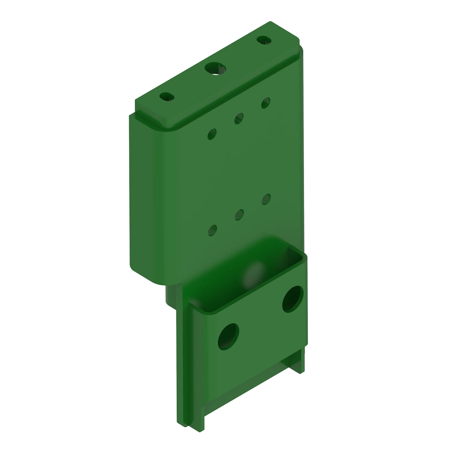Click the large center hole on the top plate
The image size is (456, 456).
(x=215, y=69)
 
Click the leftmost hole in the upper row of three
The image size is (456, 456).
(x=212, y=134)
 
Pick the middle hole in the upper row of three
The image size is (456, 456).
(x=239, y=118)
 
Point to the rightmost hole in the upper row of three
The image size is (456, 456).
(x=266, y=102)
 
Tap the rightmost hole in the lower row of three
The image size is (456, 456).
(x=266, y=199)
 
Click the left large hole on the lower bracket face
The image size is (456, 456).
(x=228, y=336)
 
